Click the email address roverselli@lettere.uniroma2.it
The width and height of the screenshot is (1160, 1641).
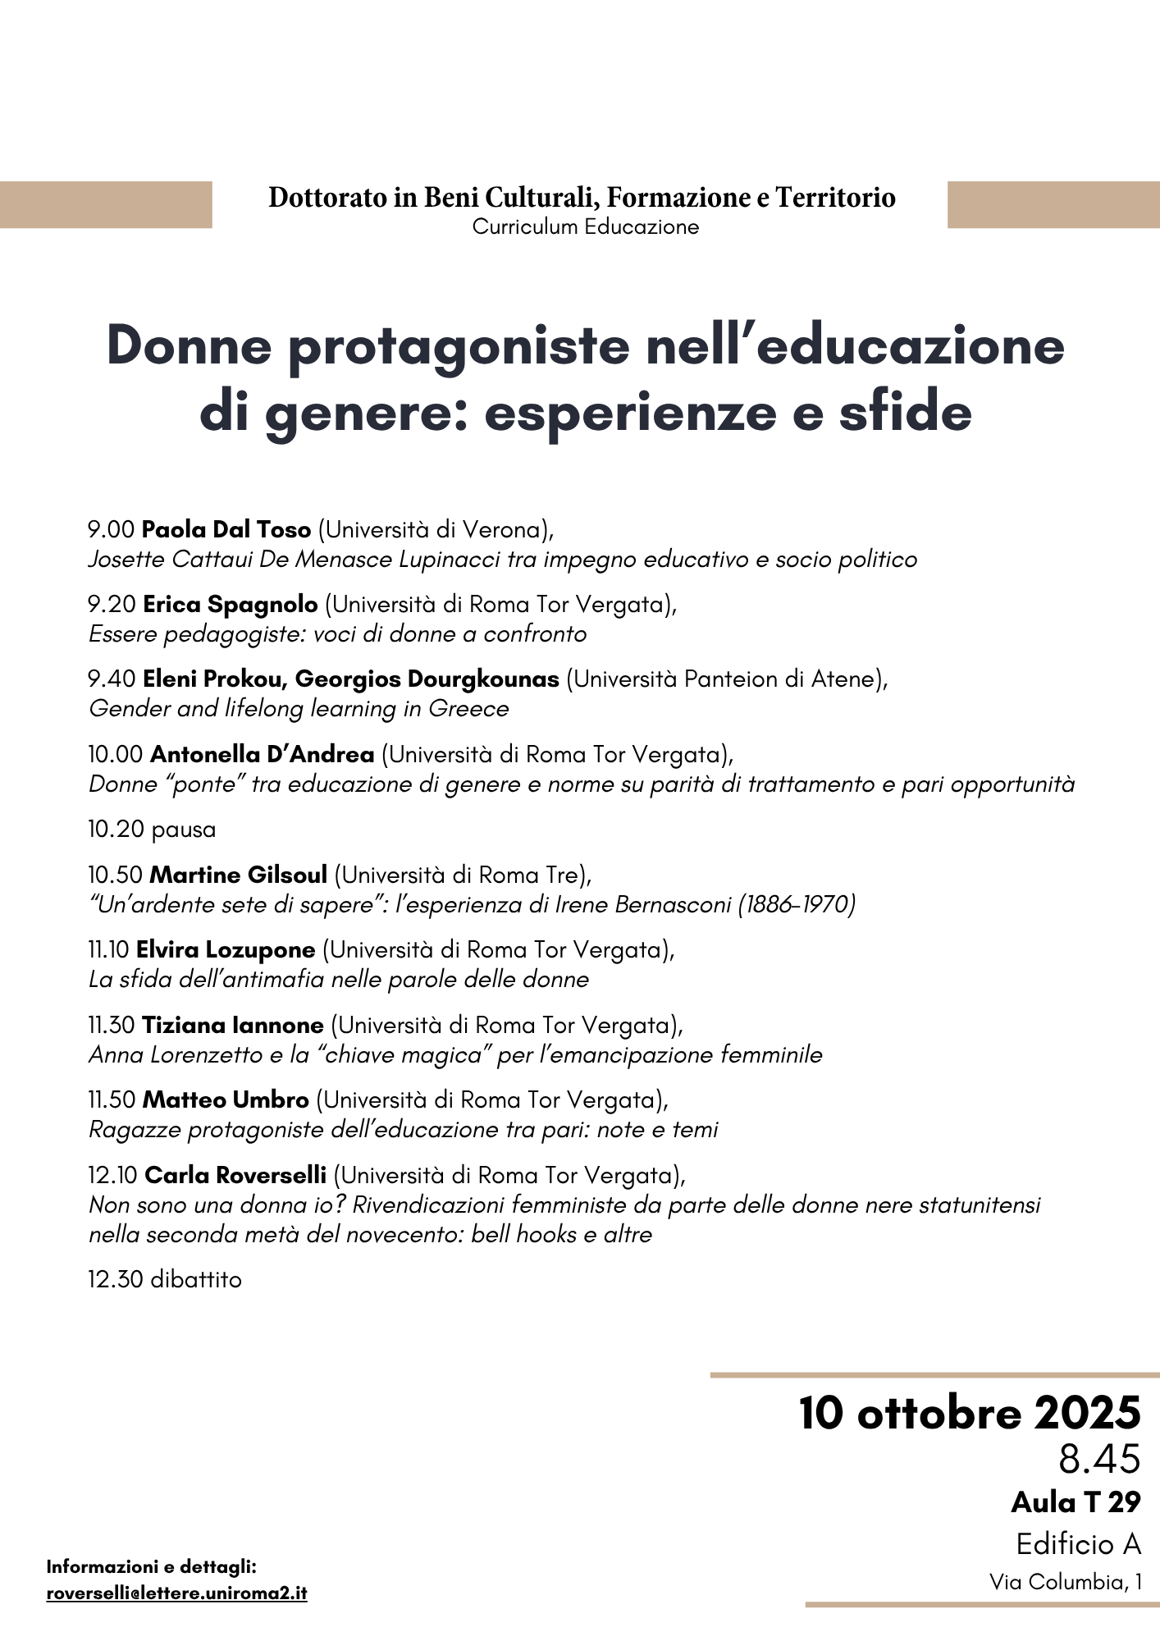click(176, 1593)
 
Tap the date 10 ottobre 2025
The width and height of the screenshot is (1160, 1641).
click(970, 1413)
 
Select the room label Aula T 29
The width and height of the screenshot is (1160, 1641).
click(1076, 1502)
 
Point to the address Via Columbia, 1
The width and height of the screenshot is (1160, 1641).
click(1065, 1582)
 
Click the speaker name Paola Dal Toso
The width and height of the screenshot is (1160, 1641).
click(226, 530)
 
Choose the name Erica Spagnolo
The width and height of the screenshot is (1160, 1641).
click(231, 605)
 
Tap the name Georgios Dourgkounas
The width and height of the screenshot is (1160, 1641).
click(427, 679)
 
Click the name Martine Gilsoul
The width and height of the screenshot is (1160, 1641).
click(239, 875)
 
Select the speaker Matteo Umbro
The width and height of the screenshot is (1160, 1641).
click(226, 1100)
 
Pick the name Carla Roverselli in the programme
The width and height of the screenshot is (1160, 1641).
click(235, 1176)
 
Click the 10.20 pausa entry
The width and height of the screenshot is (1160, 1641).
click(152, 830)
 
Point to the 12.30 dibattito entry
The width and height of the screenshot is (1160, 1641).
click(165, 1280)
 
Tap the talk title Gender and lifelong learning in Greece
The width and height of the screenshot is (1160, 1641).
click(299, 709)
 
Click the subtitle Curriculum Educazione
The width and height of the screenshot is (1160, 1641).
click(585, 227)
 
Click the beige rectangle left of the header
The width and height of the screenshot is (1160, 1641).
click(106, 204)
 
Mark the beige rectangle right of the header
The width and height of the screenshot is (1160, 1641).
click(1053, 204)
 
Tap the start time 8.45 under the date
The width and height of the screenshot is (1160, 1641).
click(1099, 1459)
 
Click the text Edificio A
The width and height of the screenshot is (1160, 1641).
click(1078, 1544)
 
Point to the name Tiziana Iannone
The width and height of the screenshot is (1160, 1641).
click(233, 1026)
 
